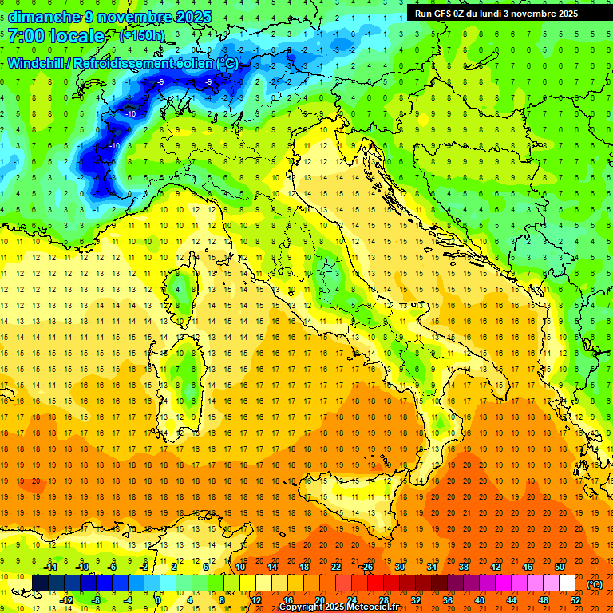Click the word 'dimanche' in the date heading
(x=39, y=16)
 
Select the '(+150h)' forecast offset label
(x=141, y=36)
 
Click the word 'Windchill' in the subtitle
(x=38, y=63)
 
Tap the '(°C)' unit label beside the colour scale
(x=594, y=584)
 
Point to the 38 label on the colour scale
(x=463, y=567)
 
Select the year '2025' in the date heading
(x=195, y=16)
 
